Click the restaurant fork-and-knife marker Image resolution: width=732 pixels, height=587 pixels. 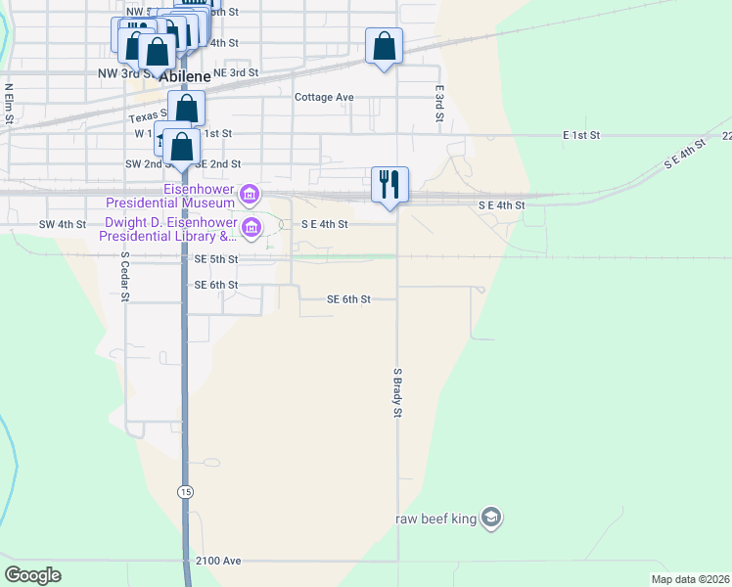pyautogui.click(x=390, y=184)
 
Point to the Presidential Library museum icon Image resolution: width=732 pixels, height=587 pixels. pyautogui.click(x=252, y=229)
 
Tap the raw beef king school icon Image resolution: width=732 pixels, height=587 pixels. pyautogui.click(x=491, y=518)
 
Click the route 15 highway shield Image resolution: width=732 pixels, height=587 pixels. pyautogui.click(x=184, y=489)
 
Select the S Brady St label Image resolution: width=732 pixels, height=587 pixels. pyautogui.click(x=398, y=394)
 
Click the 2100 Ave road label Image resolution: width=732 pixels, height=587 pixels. pyautogui.click(x=217, y=561)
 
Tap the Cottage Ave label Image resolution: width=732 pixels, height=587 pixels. pyautogui.click(x=324, y=97)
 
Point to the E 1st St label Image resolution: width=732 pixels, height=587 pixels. pyautogui.click(x=580, y=133)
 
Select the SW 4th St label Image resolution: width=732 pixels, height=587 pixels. pyautogui.click(x=63, y=224)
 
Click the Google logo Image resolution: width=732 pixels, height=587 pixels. pyautogui.click(x=32, y=575)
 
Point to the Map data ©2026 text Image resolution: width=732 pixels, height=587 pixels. pyautogui.click(x=689, y=579)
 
